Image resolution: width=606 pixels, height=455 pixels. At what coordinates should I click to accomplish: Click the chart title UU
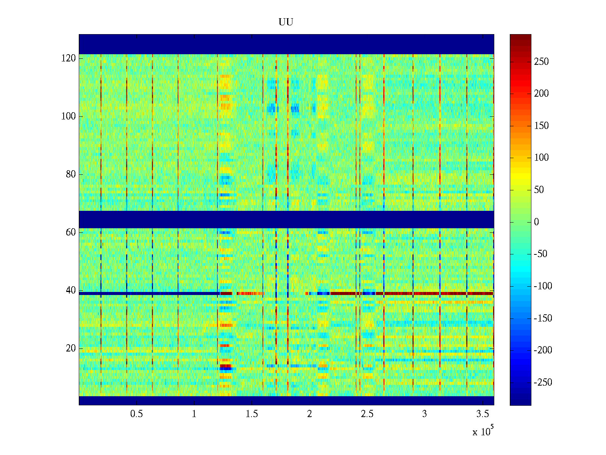pos(286,22)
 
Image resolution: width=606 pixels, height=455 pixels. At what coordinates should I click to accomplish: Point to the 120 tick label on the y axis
pos(69,58)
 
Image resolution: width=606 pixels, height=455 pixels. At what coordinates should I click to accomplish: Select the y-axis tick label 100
pos(69,116)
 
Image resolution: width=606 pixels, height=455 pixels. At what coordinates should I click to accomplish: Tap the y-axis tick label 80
pos(71,174)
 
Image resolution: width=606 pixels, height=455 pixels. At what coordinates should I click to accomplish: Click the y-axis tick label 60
pos(71,232)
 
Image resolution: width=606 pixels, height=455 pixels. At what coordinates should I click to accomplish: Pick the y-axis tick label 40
pos(71,290)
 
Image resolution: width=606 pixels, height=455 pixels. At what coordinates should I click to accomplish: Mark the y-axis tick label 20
pos(71,348)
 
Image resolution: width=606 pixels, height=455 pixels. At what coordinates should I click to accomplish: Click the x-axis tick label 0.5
pos(137,414)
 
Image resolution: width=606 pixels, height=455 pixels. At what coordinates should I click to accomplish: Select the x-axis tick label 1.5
pos(252,414)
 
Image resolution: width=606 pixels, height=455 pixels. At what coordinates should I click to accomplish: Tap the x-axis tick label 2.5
pos(367,414)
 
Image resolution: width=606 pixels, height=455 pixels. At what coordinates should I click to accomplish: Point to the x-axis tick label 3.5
pos(482,414)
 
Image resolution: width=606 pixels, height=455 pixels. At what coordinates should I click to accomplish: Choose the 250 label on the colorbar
pos(541,62)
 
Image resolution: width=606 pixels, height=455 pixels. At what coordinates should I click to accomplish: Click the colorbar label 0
pos(536,222)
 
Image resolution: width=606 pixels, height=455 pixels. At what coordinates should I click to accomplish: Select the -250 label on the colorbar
pos(543,383)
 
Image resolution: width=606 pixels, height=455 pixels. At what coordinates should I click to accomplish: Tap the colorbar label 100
pos(541,158)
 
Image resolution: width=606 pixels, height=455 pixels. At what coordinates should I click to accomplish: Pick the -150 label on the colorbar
pos(543,318)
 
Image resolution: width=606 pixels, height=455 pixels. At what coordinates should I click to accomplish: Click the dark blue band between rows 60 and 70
pos(286,219)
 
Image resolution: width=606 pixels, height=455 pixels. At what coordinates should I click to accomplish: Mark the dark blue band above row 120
pos(286,44)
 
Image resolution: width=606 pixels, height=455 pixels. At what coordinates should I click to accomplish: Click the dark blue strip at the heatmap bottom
pos(286,400)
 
